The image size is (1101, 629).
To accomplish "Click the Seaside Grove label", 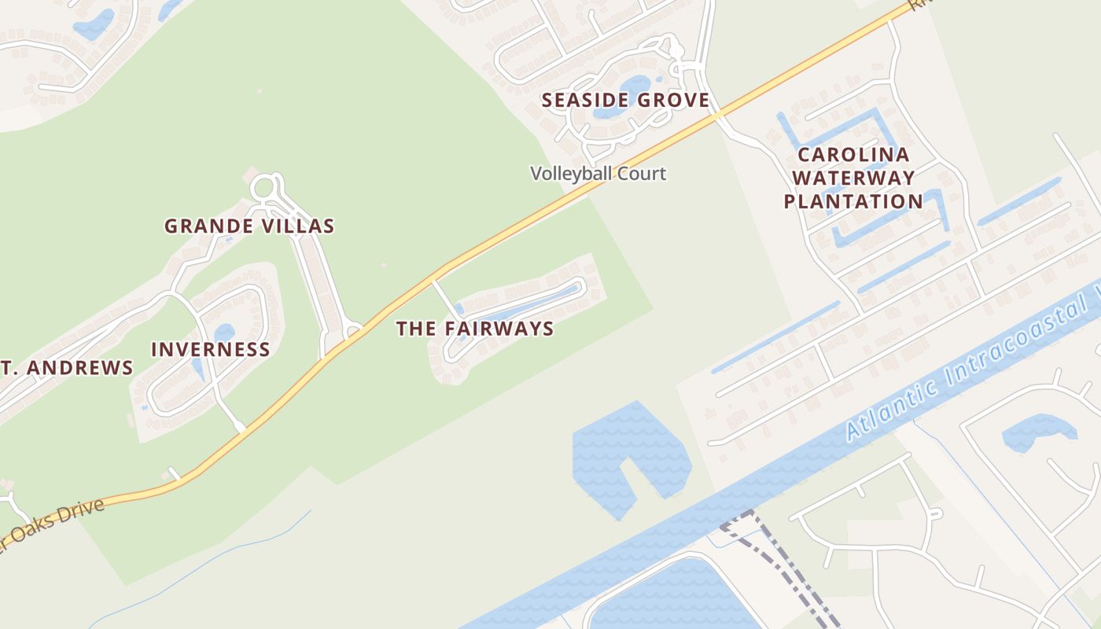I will pyautogui.click(x=625, y=101).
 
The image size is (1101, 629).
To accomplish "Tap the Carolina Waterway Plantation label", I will pyautogui.click(x=853, y=178).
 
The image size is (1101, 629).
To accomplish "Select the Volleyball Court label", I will pyautogui.click(x=598, y=173).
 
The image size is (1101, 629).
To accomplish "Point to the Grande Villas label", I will pyautogui.click(x=249, y=226).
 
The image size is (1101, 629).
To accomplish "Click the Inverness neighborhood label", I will pyautogui.click(x=210, y=349).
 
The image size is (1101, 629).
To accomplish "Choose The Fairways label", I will pyautogui.click(x=475, y=329).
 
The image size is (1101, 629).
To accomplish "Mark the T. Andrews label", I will pyautogui.click(x=67, y=368).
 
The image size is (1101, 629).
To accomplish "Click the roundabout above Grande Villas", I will pyautogui.click(x=263, y=188).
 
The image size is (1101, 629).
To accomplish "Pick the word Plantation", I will pyautogui.click(x=853, y=201).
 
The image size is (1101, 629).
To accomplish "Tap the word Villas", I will pyautogui.click(x=300, y=226).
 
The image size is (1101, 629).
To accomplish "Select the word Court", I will pyautogui.click(x=641, y=173).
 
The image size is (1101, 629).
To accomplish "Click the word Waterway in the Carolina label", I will pyautogui.click(x=853, y=178).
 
